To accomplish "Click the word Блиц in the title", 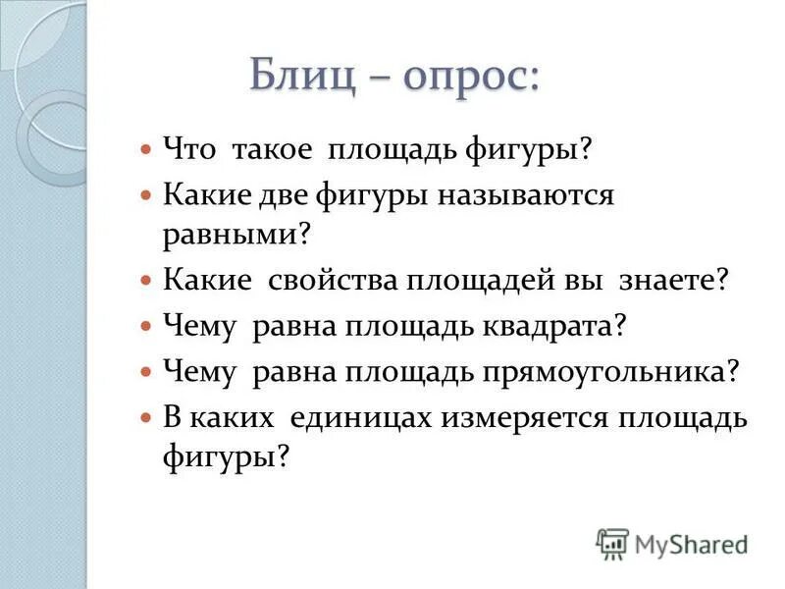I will pyautogui.click(x=304, y=76).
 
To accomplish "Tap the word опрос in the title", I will pyautogui.click(x=470, y=76).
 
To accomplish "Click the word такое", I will pyautogui.click(x=272, y=151).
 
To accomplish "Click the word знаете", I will pyautogui.click(x=674, y=280).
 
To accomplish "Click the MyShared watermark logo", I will pyautogui.click(x=671, y=542).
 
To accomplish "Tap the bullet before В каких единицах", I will pyautogui.click(x=145, y=418).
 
